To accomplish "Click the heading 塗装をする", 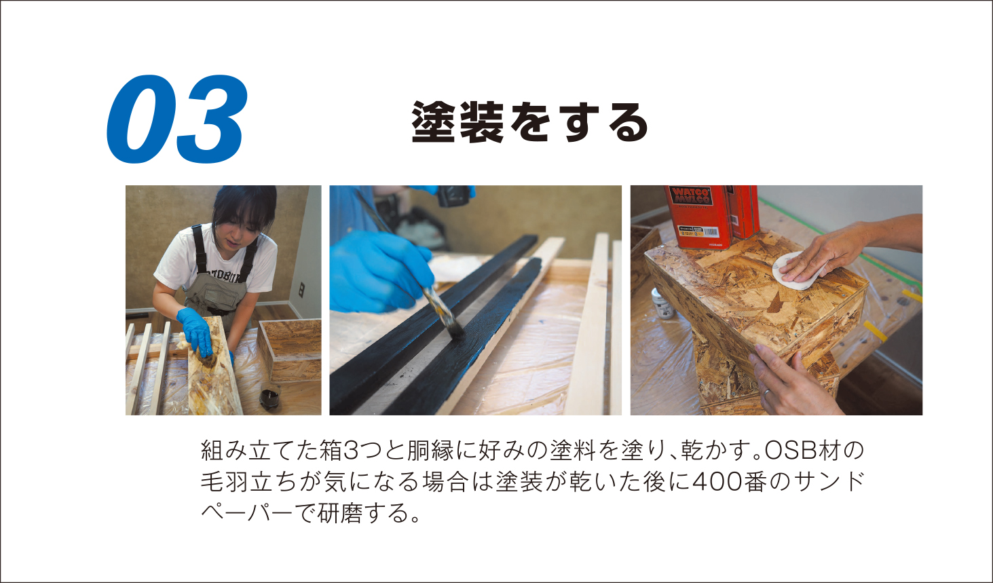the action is [x=529, y=122].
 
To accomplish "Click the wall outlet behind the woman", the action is [x=301, y=290].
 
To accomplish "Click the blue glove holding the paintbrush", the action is [x=380, y=271].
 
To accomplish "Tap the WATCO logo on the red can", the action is [x=690, y=196].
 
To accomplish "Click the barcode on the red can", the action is [x=711, y=231].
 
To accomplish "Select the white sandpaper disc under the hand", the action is [x=799, y=271].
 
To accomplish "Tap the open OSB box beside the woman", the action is [x=289, y=350].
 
